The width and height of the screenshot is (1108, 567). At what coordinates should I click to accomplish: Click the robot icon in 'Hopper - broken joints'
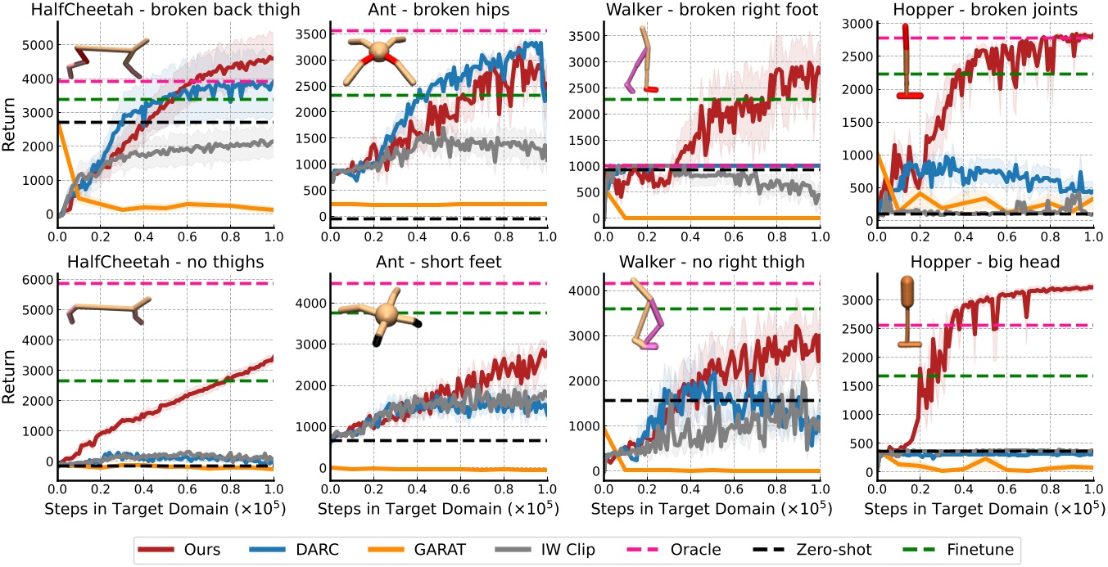(907, 62)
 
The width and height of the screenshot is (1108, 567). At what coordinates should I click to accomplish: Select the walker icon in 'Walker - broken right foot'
(643, 61)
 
